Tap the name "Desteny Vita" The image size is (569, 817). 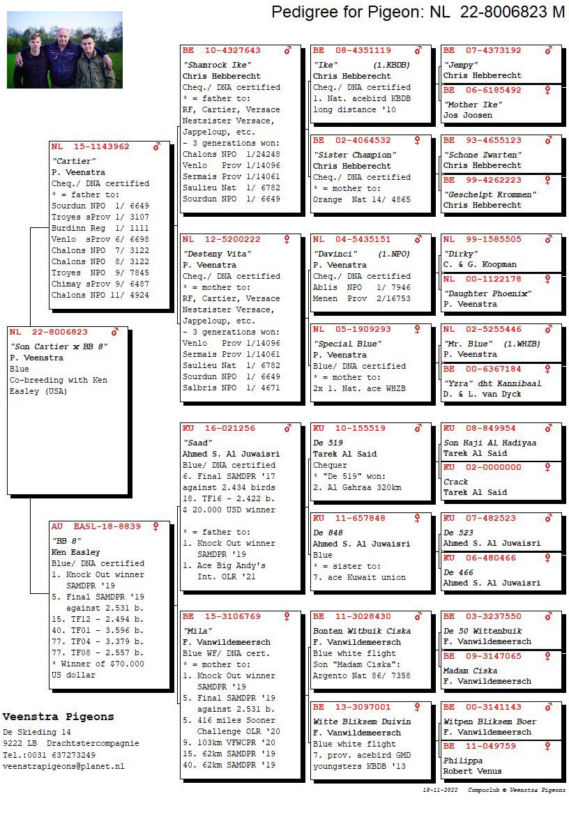pyautogui.click(x=217, y=254)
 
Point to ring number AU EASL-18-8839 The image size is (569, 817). pyautogui.click(x=96, y=527)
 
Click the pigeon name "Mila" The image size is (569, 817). pyautogui.click(x=195, y=631)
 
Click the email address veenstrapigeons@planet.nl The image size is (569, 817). pyautogui.click(x=63, y=766)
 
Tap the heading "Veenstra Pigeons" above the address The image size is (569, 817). pyautogui.click(x=58, y=717)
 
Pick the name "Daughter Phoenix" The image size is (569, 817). pyautogui.click(x=487, y=293)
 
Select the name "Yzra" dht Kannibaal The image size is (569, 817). pyautogui.click(x=492, y=383)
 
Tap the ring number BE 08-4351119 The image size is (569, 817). pyautogui.click(x=351, y=51)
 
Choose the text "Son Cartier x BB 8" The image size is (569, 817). pyautogui.click(x=59, y=346)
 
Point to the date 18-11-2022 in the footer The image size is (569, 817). pyautogui.click(x=440, y=791)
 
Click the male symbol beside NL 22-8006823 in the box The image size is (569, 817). pyautogui.click(x=115, y=333)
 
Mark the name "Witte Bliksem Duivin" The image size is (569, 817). pyautogui.click(x=362, y=721)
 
